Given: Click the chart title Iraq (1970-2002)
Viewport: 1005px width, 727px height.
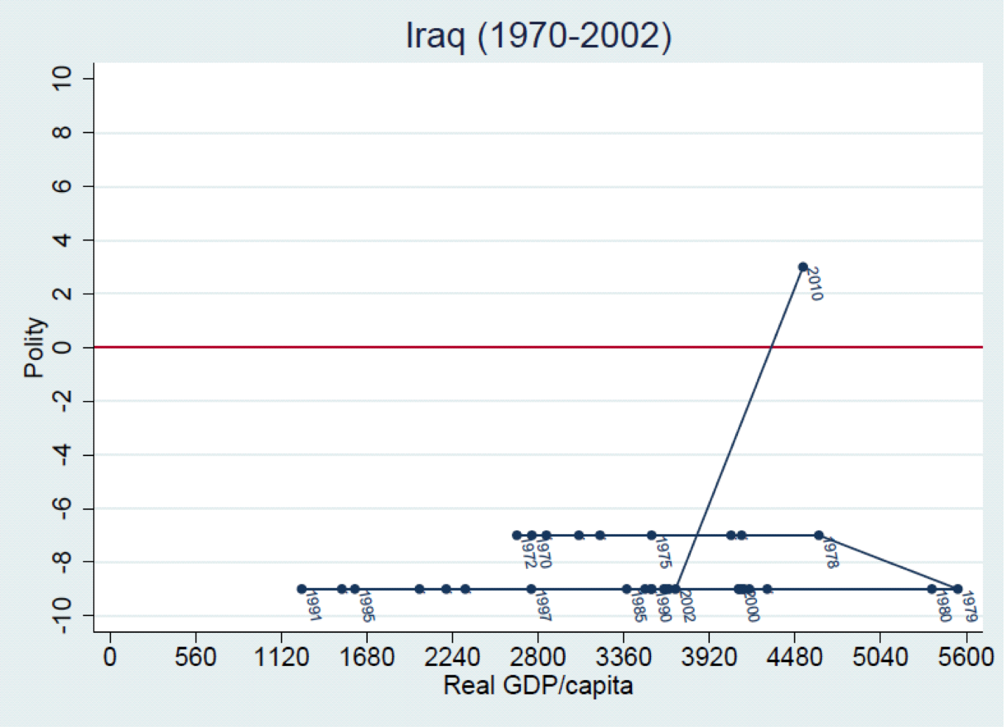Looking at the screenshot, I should (x=539, y=35).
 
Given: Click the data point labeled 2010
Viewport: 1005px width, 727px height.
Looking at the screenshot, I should (x=803, y=267).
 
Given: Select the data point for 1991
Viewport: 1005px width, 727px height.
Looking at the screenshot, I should (x=302, y=589).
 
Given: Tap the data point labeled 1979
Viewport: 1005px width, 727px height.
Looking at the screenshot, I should (x=957, y=589).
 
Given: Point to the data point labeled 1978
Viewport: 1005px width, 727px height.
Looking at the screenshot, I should (x=818, y=535).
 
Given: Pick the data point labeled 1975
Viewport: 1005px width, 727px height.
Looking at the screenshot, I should (x=651, y=535).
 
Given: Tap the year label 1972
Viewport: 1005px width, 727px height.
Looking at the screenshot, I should (x=525, y=553).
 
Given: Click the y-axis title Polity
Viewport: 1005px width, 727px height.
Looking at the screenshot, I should (x=34, y=347).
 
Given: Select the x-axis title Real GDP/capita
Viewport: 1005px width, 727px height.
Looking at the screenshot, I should (x=538, y=686).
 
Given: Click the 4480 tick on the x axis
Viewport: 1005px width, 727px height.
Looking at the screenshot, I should (x=795, y=656).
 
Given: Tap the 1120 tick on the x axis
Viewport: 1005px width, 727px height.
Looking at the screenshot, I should (x=281, y=656).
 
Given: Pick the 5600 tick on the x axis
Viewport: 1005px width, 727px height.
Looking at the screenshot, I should (x=966, y=656).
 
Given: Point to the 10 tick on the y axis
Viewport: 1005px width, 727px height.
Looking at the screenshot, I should (x=62, y=79).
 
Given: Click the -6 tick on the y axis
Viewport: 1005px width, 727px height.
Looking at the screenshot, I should (x=62, y=508).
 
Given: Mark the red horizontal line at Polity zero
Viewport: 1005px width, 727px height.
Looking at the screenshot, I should (x=441, y=347).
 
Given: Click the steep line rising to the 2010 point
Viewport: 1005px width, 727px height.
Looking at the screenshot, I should (x=739, y=427).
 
